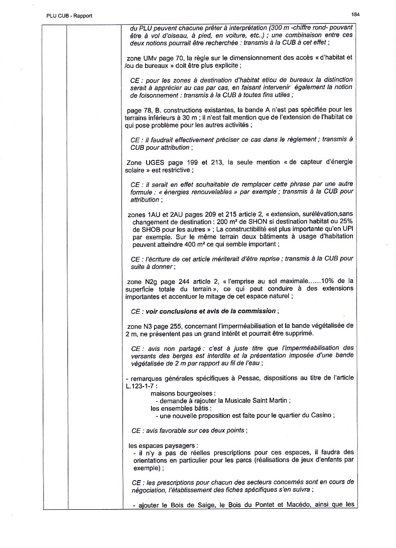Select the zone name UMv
click(152, 58)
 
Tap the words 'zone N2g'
click(142, 281)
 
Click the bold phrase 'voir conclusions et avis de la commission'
click(210, 311)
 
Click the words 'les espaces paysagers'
click(163, 445)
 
